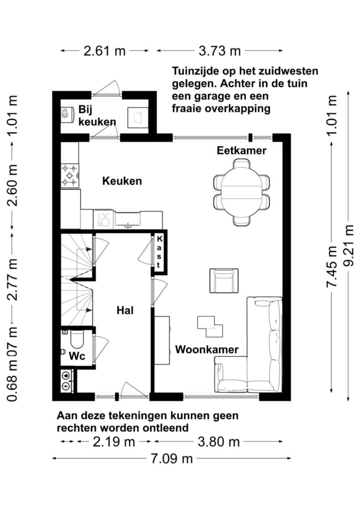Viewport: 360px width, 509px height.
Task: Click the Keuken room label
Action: point(122,181)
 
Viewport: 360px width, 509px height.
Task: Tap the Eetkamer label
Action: point(241,151)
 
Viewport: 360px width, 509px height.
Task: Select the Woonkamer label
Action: point(206,350)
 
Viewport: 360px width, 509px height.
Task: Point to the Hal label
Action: point(125,310)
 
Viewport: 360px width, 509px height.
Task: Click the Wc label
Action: point(77,356)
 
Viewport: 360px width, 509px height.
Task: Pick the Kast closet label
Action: point(159,251)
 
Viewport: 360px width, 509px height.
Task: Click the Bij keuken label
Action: point(96,115)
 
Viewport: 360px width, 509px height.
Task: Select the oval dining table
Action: point(242,190)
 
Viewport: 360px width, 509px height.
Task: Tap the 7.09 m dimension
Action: point(171,459)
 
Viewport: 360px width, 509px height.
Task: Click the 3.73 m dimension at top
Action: point(219,51)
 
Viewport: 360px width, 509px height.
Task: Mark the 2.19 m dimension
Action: point(114,442)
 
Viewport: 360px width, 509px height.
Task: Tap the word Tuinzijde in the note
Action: point(196,72)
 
